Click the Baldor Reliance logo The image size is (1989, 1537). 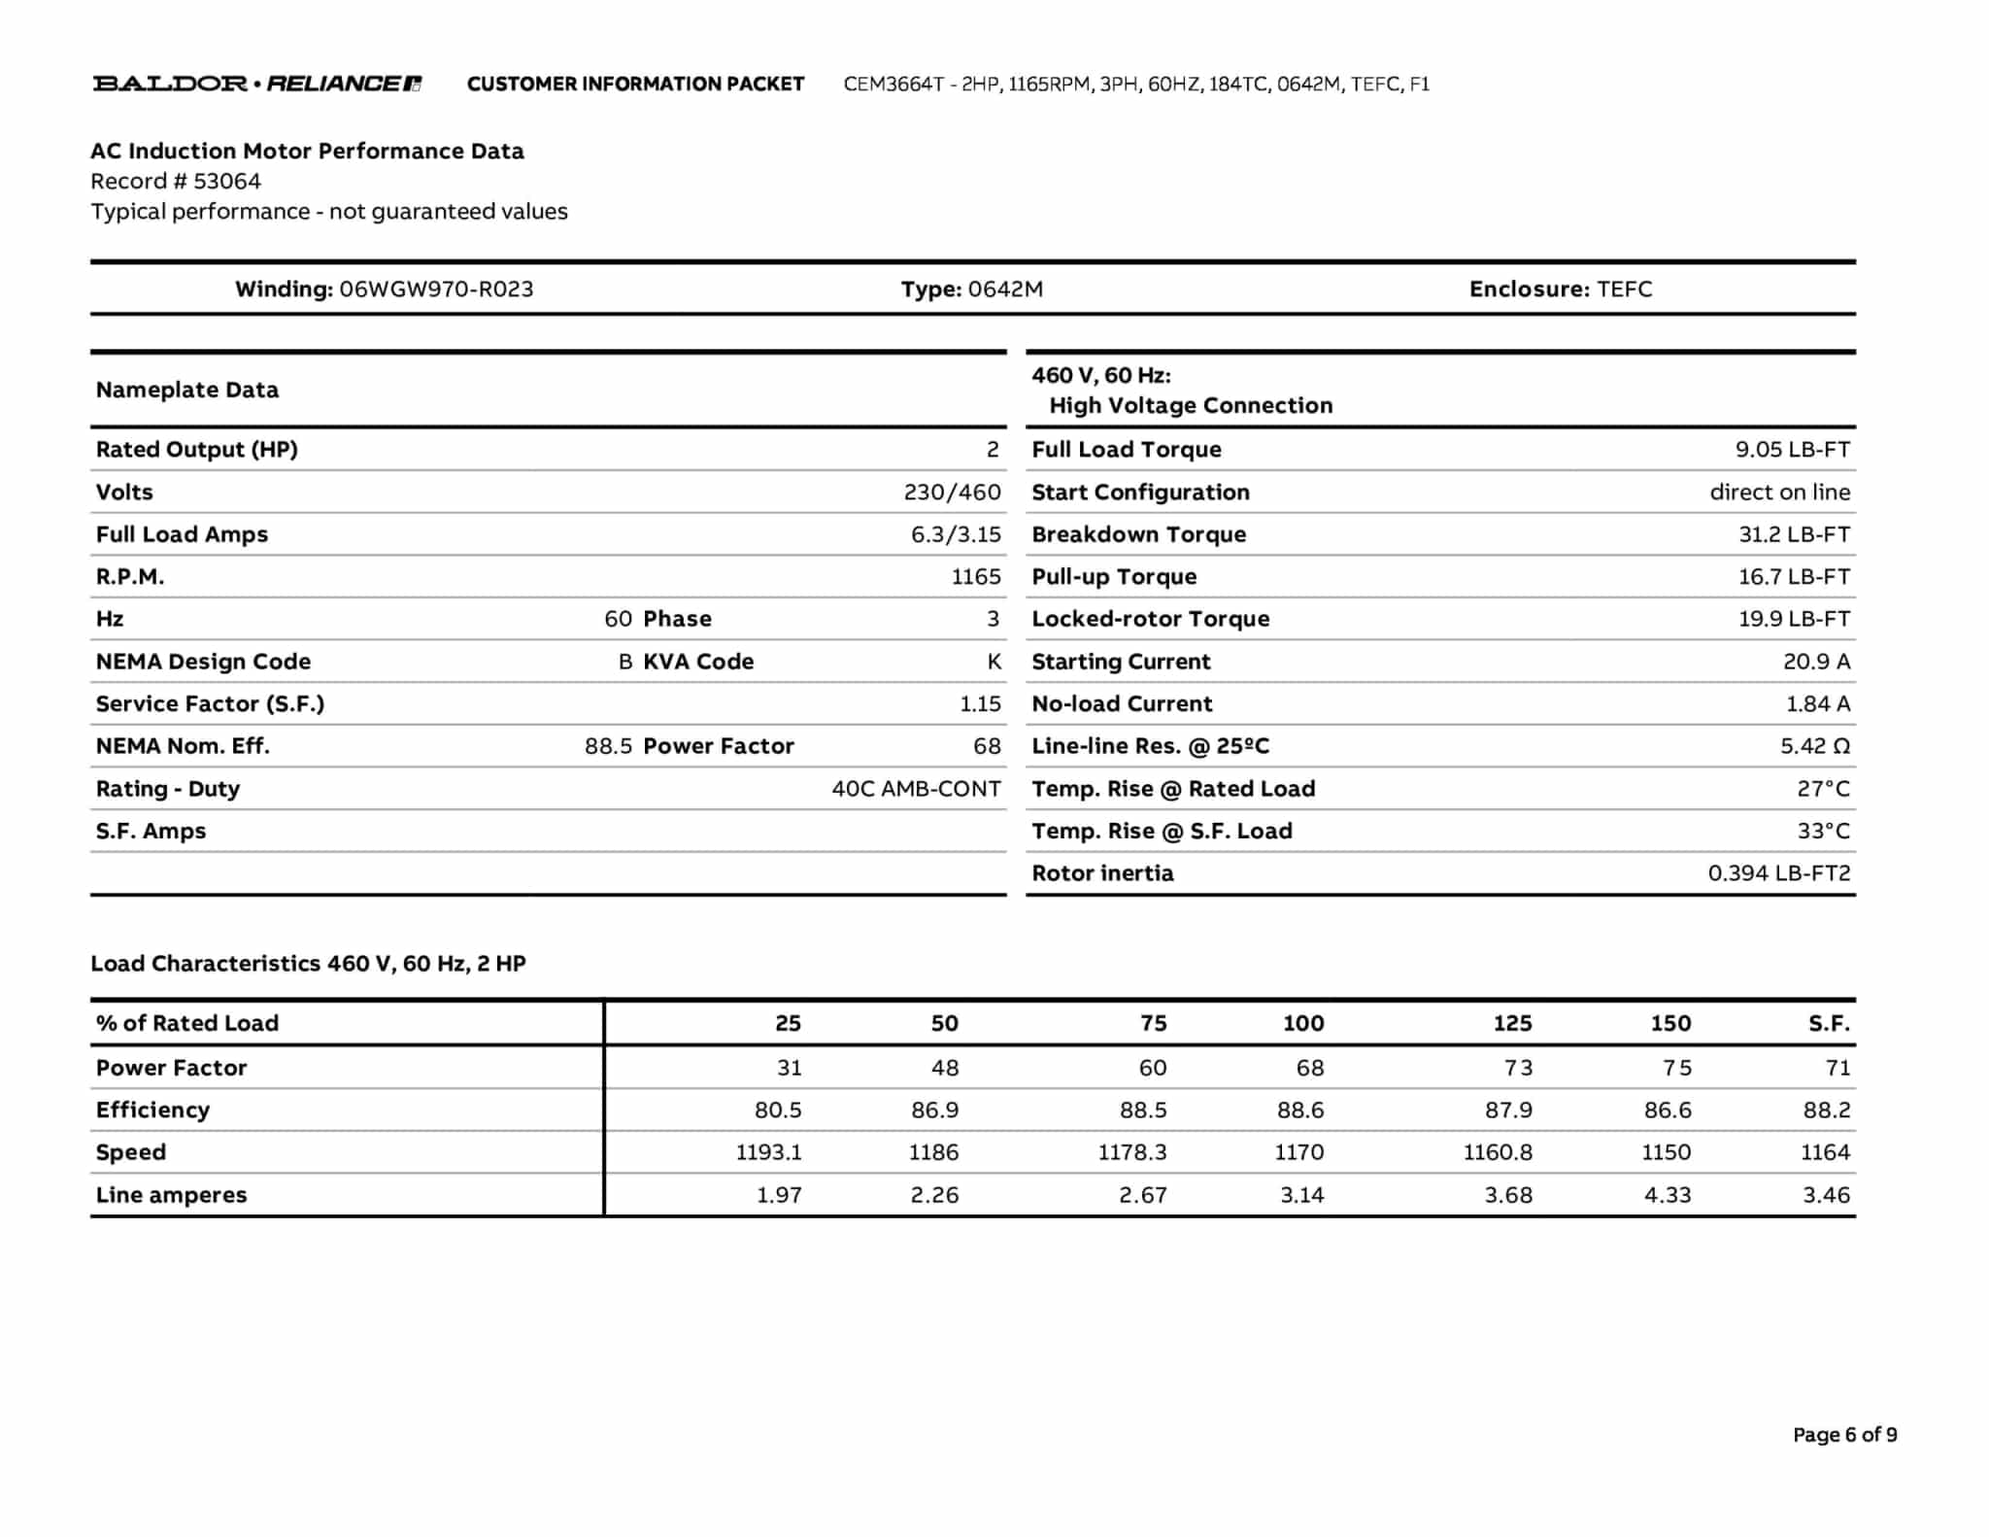tap(256, 84)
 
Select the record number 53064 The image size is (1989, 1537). tap(226, 181)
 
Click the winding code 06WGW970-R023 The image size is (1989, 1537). tap(436, 289)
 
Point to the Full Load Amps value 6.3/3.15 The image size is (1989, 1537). tap(955, 534)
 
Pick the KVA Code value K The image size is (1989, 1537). tap(994, 662)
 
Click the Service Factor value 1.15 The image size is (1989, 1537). tap(980, 703)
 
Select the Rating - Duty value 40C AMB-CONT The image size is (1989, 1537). tap(915, 789)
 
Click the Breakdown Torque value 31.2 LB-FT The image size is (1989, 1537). tap(1793, 534)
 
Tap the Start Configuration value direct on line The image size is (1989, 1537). tap(1779, 492)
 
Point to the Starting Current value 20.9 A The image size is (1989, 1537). tap(1815, 662)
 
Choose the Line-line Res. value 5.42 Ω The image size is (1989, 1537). tap(1814, 746)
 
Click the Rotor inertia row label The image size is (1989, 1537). tap(1102, 873)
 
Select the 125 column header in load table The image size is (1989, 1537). tap(1511, 1023)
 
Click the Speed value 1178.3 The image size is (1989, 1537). tap(1131, 1152)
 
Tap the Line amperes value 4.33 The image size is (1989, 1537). tap(1667, 1195)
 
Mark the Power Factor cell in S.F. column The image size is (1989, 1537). tap(1837, 1068)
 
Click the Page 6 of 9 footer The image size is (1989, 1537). tap(1844, 1435)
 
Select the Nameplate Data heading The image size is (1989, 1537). tap(187, 390)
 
